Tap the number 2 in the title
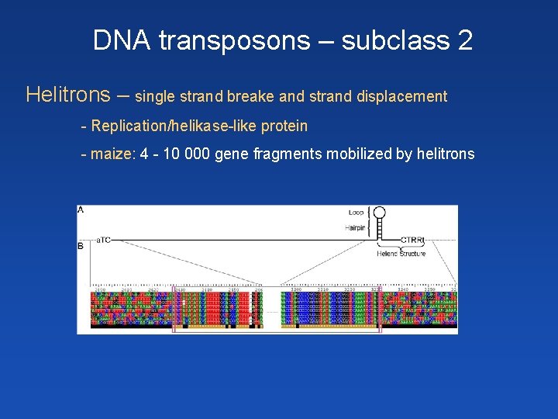(x=465, y=40)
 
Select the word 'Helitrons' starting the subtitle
(x=67, y=95)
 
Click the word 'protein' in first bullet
(x=286, y=126)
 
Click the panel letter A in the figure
(x=81, y=209)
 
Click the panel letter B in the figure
(x=81, y=246)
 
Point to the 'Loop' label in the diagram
(x=356, y=212)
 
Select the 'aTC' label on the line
(x=103, y=240)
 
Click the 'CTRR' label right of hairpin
(x=411, y=240)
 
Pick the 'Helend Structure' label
(x=401, y=254)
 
